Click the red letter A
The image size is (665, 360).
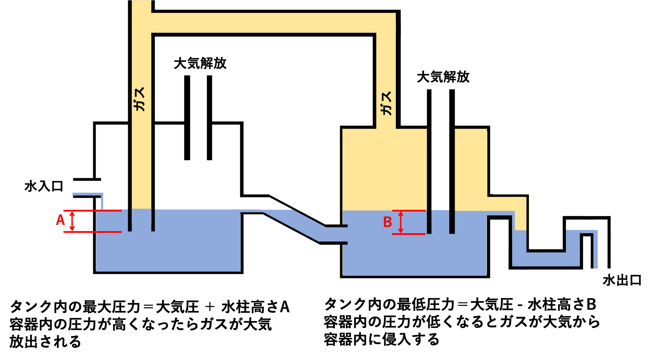click(x=60, y=220)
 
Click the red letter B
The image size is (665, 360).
click(x=387, y=222)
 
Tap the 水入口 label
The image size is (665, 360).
click(x=44, y=186)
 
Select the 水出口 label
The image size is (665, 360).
click(x=622, y=280)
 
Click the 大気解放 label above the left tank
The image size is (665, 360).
click(x=200, y=63)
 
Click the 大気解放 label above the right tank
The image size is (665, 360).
click(x=443, y=77)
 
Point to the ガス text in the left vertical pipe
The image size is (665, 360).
click(x=139, y=99)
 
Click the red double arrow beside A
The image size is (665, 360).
click(x=72, y=221)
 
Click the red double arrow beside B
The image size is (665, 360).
click(x=401, y=222)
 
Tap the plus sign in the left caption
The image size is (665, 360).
click(x=210, y=307)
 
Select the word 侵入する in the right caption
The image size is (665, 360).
click(x=411, y=339)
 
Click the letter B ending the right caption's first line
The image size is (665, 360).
click(x=591, y=305)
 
